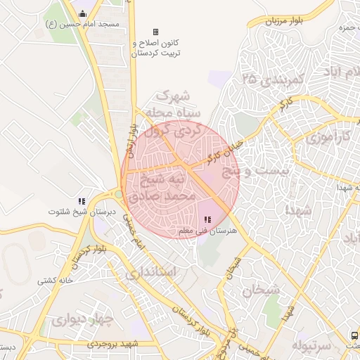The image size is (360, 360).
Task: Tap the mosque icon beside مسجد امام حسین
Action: (82, 13)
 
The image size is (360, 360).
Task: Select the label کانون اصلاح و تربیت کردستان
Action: (156, 48)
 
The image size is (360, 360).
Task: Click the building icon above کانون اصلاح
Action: (156, 32)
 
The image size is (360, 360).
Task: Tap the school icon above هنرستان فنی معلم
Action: (207, 220)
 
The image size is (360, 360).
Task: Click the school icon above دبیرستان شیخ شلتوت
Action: (82, 200)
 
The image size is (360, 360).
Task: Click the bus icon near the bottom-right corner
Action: (353, 336)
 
